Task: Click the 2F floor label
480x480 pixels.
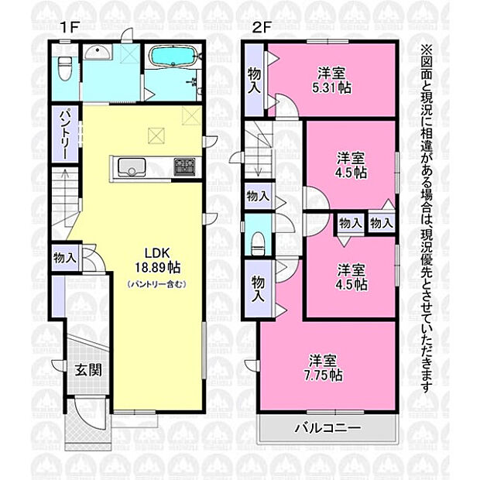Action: [262, 28]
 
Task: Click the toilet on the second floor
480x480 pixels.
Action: [258, 244]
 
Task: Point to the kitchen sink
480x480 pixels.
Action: [132, 167]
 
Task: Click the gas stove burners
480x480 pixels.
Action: [184, 166]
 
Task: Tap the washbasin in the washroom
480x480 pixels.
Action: [98, 52]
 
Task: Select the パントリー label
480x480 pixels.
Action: [64, 135]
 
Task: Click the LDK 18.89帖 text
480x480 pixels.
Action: [157, 260]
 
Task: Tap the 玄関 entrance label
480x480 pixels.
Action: [88, 371]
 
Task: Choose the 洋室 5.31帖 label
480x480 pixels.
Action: [331, 81]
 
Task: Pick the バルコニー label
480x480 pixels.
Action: [327, 428]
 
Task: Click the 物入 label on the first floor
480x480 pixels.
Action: [64, 258]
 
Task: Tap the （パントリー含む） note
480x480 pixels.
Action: [156, 284]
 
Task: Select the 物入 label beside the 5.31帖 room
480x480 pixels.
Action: [254, 81]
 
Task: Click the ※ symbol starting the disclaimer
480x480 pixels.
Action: [427, 50]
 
